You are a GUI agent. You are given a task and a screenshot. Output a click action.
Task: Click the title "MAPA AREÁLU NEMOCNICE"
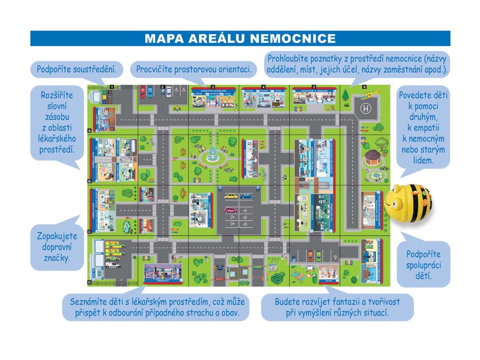click(240, 38)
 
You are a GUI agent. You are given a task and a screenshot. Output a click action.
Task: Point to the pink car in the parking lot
click(231, 210)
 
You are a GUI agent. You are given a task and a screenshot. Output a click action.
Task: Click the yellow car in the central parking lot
click(231, 197)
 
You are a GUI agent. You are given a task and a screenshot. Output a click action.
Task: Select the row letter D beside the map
click(89, 283)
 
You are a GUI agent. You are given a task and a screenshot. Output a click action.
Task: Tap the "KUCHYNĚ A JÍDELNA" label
click(314, 89)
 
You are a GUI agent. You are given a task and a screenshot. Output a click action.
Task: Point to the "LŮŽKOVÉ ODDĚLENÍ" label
click(213, 89)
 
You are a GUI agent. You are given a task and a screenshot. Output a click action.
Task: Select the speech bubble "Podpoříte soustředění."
click(76, 70)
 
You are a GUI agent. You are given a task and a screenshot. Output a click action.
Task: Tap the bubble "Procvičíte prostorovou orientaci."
click(194, 70)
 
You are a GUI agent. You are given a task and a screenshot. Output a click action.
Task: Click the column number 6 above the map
click(364, 87)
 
